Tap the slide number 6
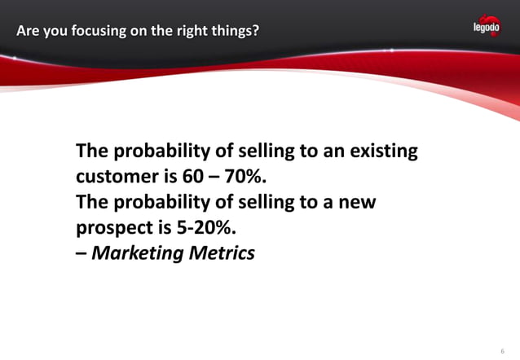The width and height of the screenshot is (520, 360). point(502,351)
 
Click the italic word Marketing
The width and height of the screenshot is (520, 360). point(139,253)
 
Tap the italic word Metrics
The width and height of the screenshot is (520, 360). point(223,253)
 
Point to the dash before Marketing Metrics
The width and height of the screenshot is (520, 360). point(81,253)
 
